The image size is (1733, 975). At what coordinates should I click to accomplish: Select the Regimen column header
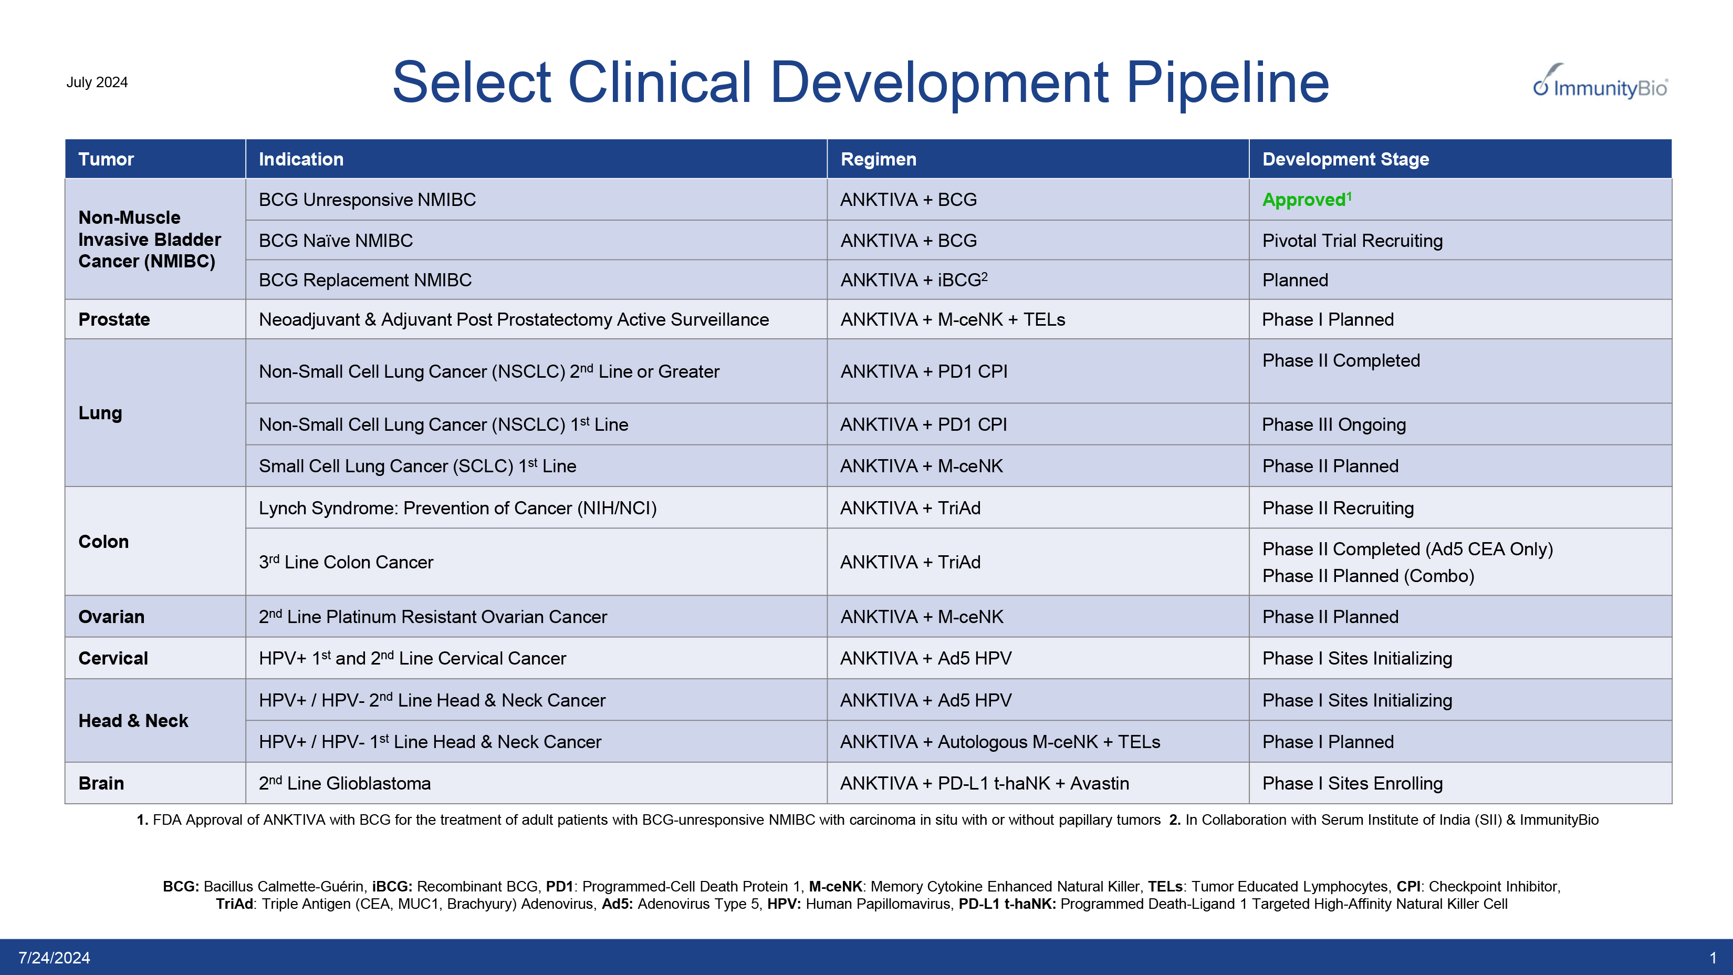tap(878, 160)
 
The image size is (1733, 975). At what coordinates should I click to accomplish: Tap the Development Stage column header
tap(1345, 160)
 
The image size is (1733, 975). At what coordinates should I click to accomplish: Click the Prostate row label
tap(113, 319)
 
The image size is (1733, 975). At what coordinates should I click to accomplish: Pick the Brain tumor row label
tap(101, 783)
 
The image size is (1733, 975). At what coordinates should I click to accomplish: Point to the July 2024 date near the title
tap(97, 82)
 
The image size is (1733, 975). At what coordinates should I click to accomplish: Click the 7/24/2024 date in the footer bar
tap(54, 958)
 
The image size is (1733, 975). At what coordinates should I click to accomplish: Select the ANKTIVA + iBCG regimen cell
tap(913, 280)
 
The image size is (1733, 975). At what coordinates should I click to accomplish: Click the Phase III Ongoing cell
tap(1333, 424)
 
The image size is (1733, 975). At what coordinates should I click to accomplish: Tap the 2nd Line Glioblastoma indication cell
tap(344, 783)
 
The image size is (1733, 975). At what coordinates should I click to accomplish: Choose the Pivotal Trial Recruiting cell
tap(1352, 241)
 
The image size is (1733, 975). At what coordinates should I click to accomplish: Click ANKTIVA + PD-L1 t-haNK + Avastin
tap(984, 783)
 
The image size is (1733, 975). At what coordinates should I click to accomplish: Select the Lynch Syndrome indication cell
tap(457, 508)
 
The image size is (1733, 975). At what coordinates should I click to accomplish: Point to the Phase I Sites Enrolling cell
tap(1352, 783)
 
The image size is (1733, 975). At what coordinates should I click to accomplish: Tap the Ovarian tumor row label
tap(111, 617)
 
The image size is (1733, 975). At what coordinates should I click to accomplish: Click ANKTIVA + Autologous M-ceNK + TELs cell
tap(1000, 742)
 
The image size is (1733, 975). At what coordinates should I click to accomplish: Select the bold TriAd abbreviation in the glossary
tap(234, 904)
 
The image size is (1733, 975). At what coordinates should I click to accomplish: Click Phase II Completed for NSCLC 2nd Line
tap(1340, 361)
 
